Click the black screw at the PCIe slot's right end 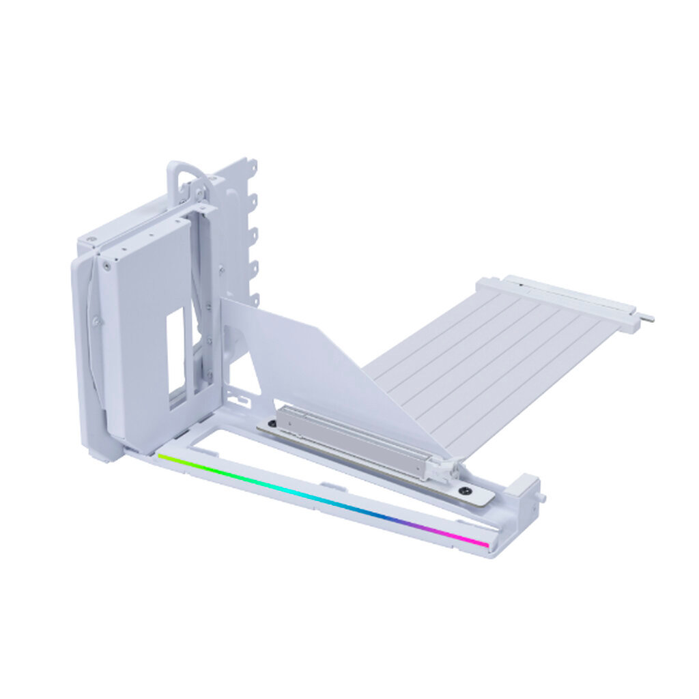tap(466, 489)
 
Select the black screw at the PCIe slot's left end tap(273, 424)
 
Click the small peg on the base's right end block tap(542, 498)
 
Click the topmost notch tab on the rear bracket tap(252, 166)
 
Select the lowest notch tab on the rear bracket tap(255, 298)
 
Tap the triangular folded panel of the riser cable tap(321, 362)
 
